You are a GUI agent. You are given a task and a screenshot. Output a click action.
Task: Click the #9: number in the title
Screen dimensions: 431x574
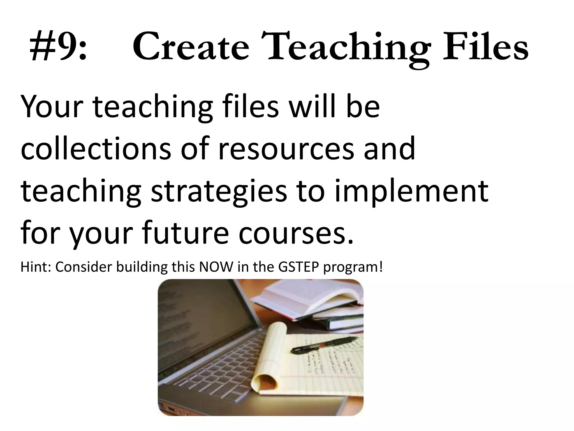[x=58, y=47]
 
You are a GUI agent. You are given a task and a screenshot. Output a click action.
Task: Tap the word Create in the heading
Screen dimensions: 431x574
[x=191, y=47]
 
